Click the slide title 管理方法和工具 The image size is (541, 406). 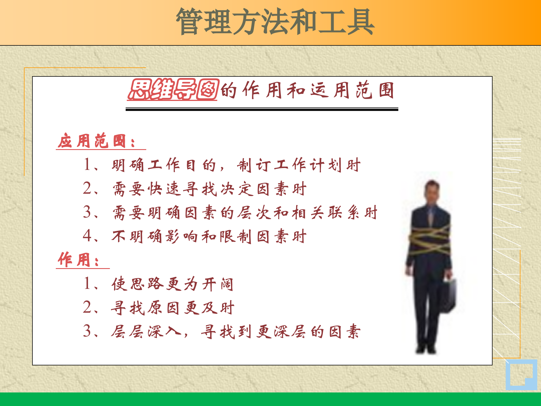[275, 22]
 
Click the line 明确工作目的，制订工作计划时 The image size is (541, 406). [236, 165]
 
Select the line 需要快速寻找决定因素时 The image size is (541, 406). [209, 189]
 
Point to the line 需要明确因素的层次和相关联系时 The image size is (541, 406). [245, 213]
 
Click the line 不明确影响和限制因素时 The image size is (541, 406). [209, 236]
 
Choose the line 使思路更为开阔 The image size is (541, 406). [172, 284]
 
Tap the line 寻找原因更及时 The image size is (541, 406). [172, 308]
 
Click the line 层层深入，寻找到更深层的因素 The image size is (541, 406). [236, 331]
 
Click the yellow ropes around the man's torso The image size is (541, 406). [430, 240]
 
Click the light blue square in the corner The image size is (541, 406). [521, 375]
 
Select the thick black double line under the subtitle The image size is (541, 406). [262, 109]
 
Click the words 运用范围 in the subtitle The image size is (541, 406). [352, 90]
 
